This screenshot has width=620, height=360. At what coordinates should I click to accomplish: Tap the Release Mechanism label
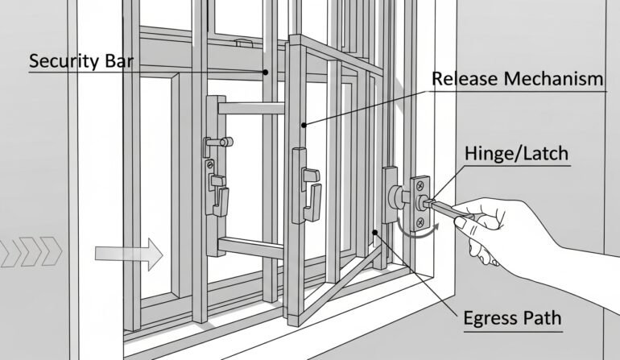pyautogui.click(x=517, y=79)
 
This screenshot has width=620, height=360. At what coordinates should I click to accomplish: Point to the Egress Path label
pyautogui.click(x=512, y=317)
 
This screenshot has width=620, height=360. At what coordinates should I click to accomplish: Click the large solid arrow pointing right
pyautogui.click(x=128, y=254)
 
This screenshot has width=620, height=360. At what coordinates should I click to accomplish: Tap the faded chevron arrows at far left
pyautogui.click(x=31, y=252)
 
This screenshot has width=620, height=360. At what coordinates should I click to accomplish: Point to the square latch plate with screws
pyautogui.click(x=420, y=201)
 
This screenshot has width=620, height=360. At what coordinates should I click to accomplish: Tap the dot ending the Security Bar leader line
pyautogui.click(x=265, y=72)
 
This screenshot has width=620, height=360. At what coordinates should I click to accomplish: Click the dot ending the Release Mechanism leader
pyautogui.click(x=304, y=125)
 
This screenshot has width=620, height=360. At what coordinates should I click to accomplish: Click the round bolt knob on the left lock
pyautogui.click(x=206, y=142)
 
